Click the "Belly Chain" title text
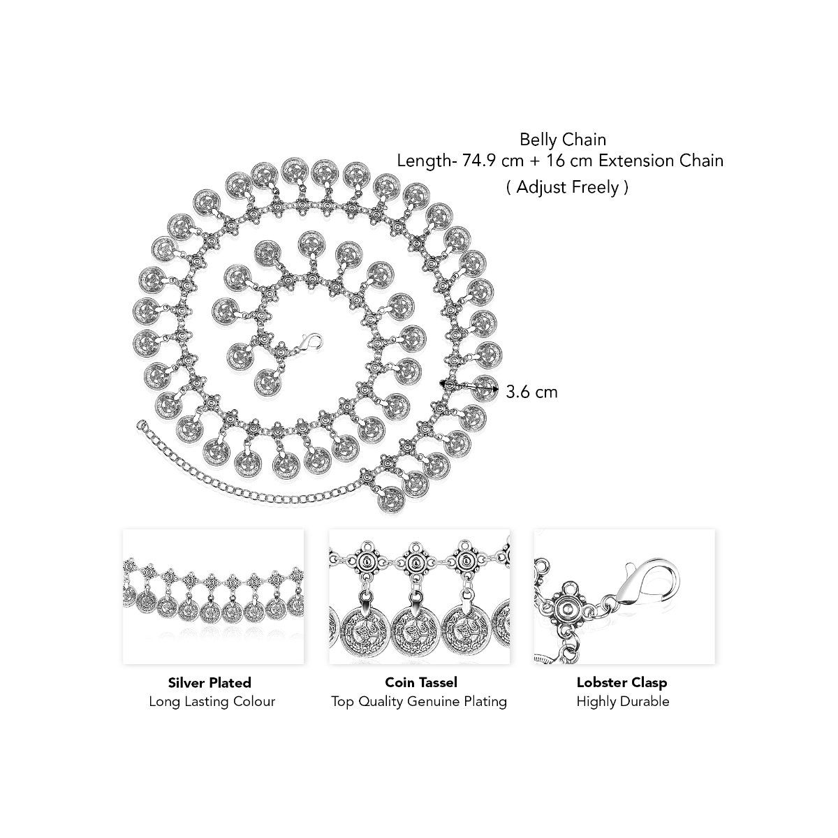click(563, 140)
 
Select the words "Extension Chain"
click(661, 161)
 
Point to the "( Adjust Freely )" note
click(568, 187)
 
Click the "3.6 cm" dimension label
click(531, 392)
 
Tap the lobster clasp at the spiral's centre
click(309, 341)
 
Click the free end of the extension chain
click(140, 422)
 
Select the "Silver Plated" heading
click(209, 682)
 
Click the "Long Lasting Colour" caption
click(212, 701)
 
